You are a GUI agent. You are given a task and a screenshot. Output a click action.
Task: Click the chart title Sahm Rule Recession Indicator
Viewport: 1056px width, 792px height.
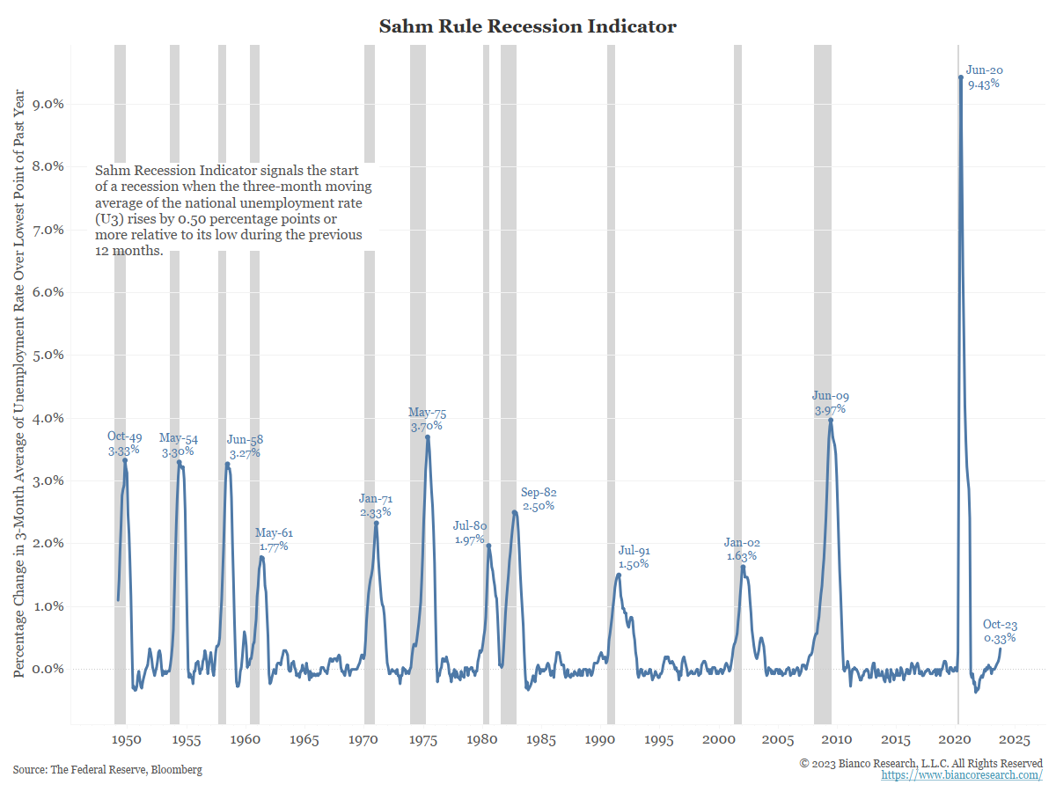pyautogui.click(x=527, y=26)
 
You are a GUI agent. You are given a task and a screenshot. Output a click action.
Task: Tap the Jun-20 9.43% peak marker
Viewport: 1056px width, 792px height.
pyautogui.click(x=960, y=77)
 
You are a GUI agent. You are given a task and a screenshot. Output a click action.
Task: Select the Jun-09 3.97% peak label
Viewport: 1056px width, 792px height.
pyautogui.click(x=830, y=403)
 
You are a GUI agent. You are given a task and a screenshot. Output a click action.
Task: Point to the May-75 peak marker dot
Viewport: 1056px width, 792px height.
pyautogui.click(x=428, y=437)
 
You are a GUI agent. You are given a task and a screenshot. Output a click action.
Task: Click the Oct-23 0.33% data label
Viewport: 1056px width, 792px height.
pyautogui.click(x=1000, y=631)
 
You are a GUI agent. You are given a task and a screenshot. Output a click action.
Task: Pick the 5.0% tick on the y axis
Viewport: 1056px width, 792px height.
pyautogui.click(x=48, y=355)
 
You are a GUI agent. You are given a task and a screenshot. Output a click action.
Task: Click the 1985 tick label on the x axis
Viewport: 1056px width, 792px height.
pyautogui.click(x=539, y=740)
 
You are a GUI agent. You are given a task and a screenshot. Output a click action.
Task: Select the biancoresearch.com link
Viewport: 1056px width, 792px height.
pyautogui.click(x=962, y=775)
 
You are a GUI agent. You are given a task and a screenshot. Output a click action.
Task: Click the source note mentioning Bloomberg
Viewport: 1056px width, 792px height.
pyautogui.click(x=107, y=770)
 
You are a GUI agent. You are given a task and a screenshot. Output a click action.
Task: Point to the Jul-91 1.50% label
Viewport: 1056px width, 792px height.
pyautogui.click(x=634, y=557)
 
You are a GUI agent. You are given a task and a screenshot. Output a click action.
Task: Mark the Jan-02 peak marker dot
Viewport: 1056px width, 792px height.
pyautogui.click(x=743, y=568)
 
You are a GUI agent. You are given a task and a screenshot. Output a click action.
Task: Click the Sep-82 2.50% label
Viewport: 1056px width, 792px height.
pyautogui.click(x=539, y=499)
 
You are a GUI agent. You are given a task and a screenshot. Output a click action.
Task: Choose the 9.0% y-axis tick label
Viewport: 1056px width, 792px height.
pyautogui.click(x=48, y=104)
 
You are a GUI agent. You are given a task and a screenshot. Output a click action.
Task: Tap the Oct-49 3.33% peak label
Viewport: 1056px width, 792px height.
pyautogui.click(x=124, y=443)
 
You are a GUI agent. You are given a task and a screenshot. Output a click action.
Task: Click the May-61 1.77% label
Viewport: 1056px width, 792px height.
pyautogui.click(x=274, y=539)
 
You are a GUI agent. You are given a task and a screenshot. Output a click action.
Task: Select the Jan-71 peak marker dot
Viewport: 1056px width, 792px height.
pyautogui.click(x=376, y=524)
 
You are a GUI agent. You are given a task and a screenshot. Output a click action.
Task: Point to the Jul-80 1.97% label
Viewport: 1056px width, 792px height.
pyautogui.click(x=470, y=532)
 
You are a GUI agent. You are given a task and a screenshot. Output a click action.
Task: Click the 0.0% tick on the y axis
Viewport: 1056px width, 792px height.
pyautogui.click(x=48, y=669)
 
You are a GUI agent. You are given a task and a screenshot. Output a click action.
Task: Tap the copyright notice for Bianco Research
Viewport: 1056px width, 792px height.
pyautogui.click(x=920, y=763)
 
